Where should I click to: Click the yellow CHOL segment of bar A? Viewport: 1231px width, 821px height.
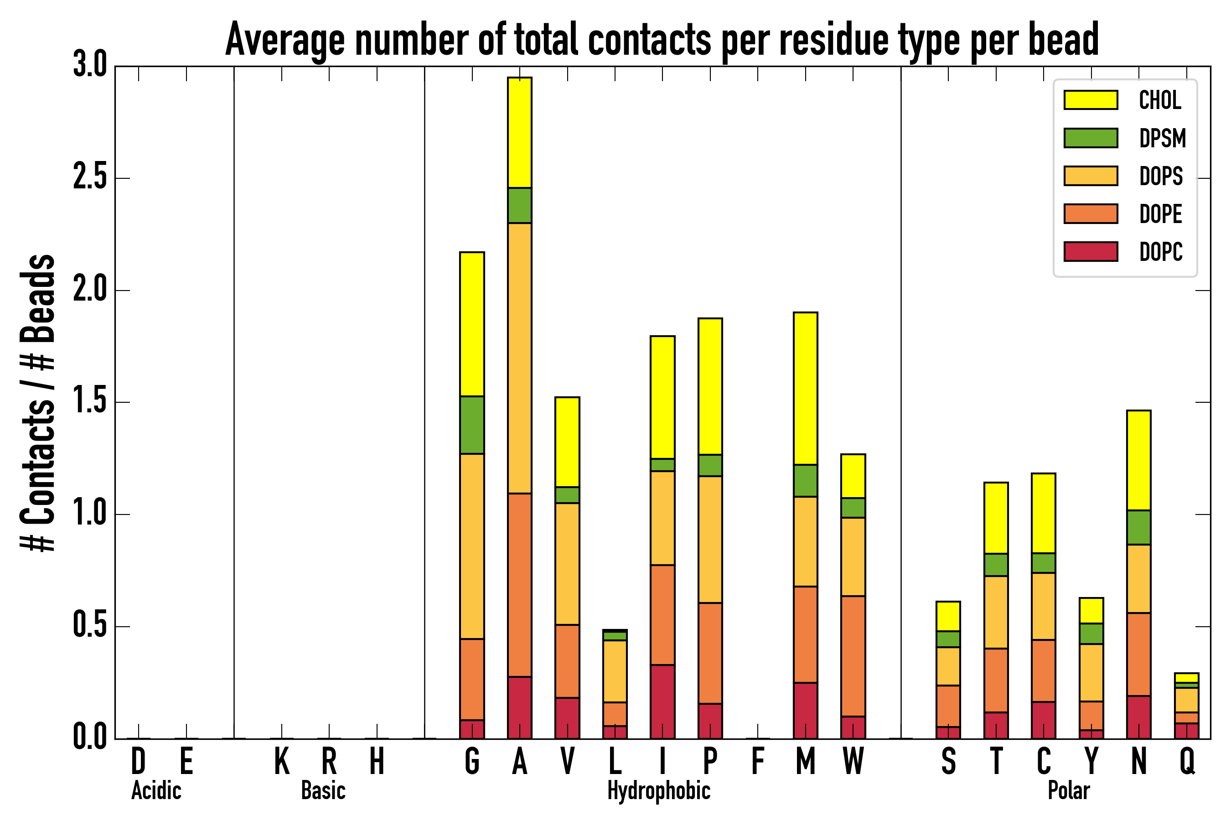point(519,132)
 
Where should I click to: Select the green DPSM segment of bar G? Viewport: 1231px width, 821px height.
point(471,425)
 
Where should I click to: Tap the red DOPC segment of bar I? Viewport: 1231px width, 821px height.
point(662,701)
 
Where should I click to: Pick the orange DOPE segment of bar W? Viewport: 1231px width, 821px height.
point(853,656)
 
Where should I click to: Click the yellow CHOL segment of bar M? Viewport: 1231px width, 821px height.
point(806,389)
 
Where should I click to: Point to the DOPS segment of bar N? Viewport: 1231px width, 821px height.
point(1138,578)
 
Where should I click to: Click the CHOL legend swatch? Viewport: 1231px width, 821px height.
point(1091,100)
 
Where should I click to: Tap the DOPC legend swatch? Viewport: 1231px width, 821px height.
point(1091,251)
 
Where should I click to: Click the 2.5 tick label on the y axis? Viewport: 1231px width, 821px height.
point(89,178)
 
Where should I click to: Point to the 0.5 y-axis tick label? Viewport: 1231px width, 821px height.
point(89,626)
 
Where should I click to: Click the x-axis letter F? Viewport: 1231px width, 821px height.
point(757,761)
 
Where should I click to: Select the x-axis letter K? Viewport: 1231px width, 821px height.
point(282,761)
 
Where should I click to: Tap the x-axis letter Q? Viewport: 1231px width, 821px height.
point(1187,761)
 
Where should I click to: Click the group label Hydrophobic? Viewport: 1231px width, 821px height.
point(658,790)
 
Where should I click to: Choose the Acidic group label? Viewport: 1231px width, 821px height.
point(156,790)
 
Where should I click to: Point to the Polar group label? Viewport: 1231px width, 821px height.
point(1068,790)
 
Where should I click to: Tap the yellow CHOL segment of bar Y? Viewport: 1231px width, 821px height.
point(1091,611)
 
